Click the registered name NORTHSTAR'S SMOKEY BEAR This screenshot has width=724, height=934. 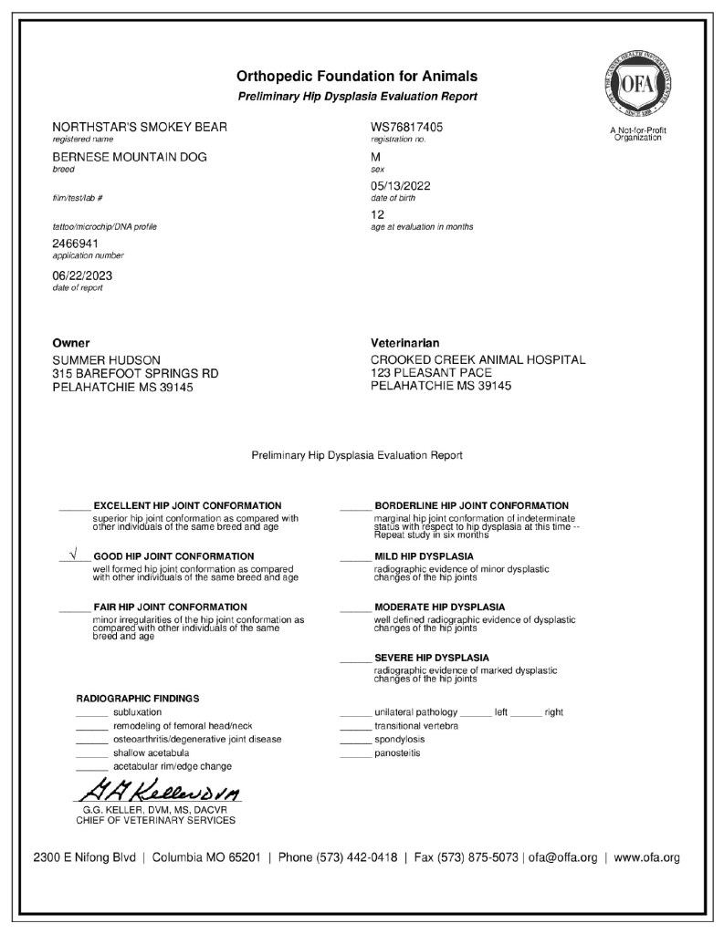click(140, 127)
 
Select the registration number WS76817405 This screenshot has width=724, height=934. click(407, 127)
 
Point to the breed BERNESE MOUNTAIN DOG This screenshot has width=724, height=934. click(130, 157)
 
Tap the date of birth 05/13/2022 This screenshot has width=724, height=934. click(401, 186)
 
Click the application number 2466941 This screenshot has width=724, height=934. click(78, 244)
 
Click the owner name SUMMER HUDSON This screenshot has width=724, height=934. click(107, 360)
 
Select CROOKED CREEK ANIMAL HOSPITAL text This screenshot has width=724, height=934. click(477, 360)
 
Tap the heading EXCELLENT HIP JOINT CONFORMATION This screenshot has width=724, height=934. click(187, 505)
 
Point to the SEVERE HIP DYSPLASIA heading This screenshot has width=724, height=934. click(431, 658)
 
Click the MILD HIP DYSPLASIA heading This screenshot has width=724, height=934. click(424, 556)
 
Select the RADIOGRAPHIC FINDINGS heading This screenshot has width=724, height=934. click(137, 699)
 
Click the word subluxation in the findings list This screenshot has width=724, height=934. click(138, 711)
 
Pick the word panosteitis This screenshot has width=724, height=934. click(398, 753)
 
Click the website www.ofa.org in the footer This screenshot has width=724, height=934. click(646, 857)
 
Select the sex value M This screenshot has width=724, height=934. click(376, 157)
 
